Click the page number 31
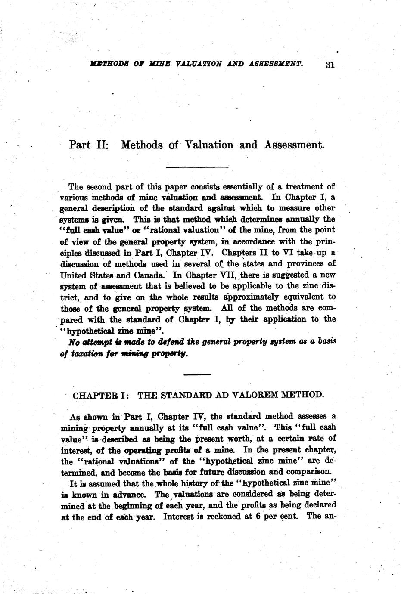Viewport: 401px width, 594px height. [x=330, y=65]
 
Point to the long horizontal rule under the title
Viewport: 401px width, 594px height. [x=197, y=167]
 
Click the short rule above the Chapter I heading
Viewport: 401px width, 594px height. [x=197, y=374]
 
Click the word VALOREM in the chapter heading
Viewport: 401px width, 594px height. [x=257, y=395]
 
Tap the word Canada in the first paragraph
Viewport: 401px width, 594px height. [x=149, y=275]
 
